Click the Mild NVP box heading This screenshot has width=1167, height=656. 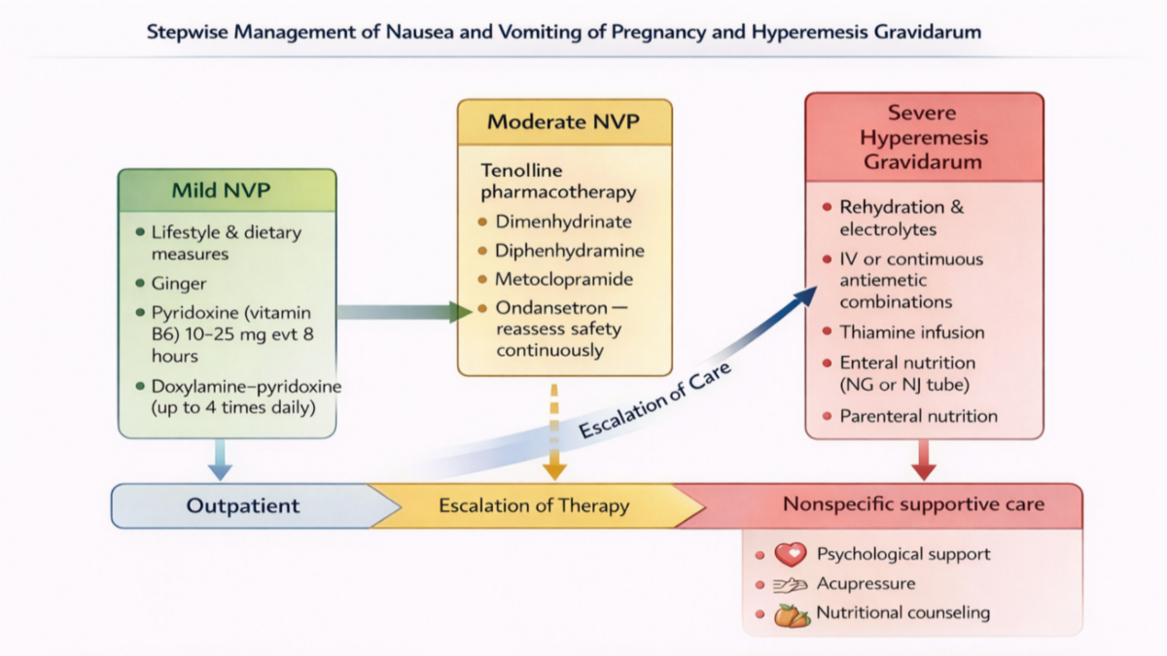[x=221, y=190]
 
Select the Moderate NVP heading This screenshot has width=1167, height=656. [x=563, y=121]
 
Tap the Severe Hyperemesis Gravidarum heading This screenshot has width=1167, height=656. [x=923, y=137]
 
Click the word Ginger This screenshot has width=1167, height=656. [x=179, y=284]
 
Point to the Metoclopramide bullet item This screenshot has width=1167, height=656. [x=564, y=279]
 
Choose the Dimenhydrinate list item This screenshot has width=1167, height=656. [x=563, y=222]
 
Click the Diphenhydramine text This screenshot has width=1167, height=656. [x=570, y=251]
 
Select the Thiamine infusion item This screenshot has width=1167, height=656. [x=912, y=332]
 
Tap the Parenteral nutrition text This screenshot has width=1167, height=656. [x=918, y=416]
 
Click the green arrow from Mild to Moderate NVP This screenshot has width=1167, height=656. [x=405, y=312]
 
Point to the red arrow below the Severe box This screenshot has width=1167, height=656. [x=924, y=460]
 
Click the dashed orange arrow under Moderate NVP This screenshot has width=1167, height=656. [x=554, y=432]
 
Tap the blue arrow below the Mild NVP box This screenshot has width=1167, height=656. [x=220, y=460]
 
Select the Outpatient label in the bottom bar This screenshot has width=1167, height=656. [x=243, y=505]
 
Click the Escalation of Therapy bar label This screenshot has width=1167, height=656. [x=534, y=505]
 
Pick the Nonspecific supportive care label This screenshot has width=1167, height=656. [x=914, y=504]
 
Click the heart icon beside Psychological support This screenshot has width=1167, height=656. [x=791, y=555]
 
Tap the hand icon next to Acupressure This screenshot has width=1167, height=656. [x=790, y=585]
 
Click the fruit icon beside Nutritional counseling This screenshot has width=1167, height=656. [x=792, y=616]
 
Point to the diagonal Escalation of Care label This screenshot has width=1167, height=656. [x=654, y=399]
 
